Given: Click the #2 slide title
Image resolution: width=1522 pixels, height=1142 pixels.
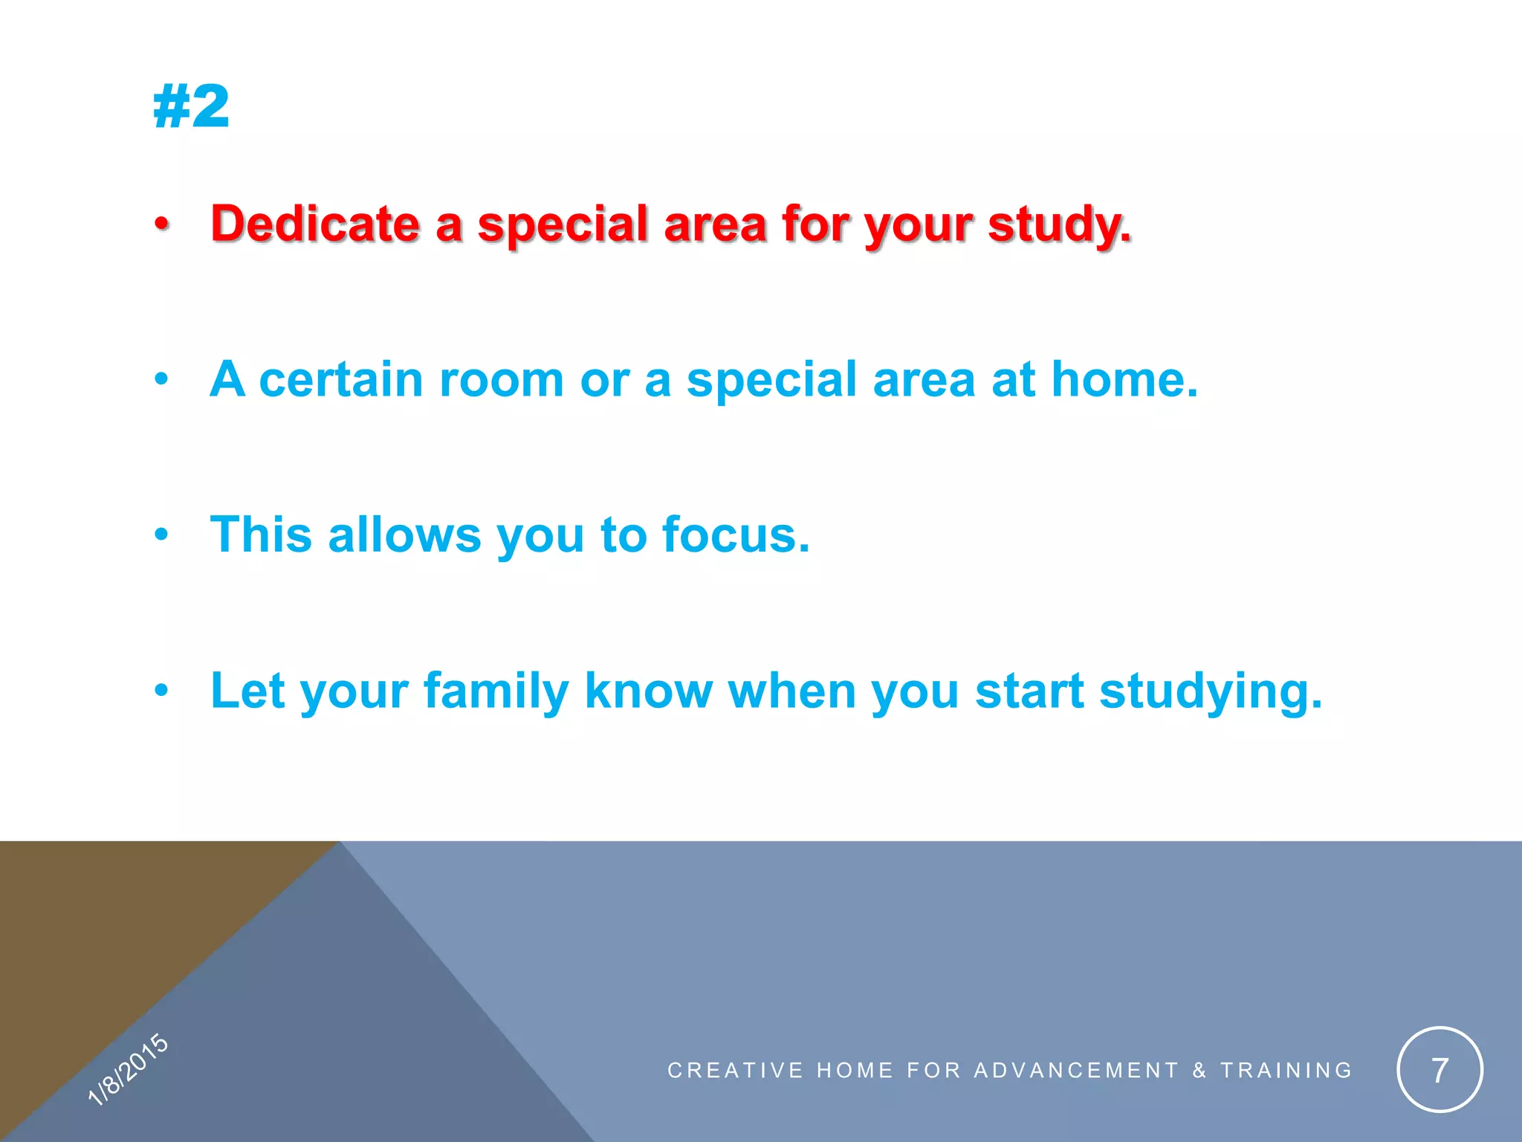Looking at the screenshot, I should pos(191,107).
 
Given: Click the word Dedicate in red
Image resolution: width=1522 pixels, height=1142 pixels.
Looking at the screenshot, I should pos(315,224).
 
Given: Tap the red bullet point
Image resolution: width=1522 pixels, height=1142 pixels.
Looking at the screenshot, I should pos(162,224).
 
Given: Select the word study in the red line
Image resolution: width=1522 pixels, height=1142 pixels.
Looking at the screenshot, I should pos(1058,224).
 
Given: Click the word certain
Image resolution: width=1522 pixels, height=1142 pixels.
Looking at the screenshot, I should pos(341,380).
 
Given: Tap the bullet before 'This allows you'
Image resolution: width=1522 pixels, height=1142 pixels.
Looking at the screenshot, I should pos(162,535).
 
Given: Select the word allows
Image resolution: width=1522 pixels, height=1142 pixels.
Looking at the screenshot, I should pos(404,535).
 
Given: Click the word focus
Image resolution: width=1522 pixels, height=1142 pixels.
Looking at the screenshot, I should pos(734,535).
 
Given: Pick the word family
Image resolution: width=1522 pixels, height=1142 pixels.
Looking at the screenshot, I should pos(496,691).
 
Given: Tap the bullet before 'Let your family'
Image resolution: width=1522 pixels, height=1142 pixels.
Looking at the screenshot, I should pos(162,691).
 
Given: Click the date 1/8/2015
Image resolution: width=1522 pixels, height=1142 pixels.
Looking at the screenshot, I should pos(128,1069).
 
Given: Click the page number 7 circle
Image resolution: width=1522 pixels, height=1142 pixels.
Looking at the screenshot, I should pos(1440,1070).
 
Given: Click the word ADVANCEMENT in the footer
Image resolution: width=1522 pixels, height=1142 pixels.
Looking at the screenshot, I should pos(1076,1070).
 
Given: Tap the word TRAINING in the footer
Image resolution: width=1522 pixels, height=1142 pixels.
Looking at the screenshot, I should pos(1286,1070).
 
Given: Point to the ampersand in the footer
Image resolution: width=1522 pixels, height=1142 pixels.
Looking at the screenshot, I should pos(1199,1070).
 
